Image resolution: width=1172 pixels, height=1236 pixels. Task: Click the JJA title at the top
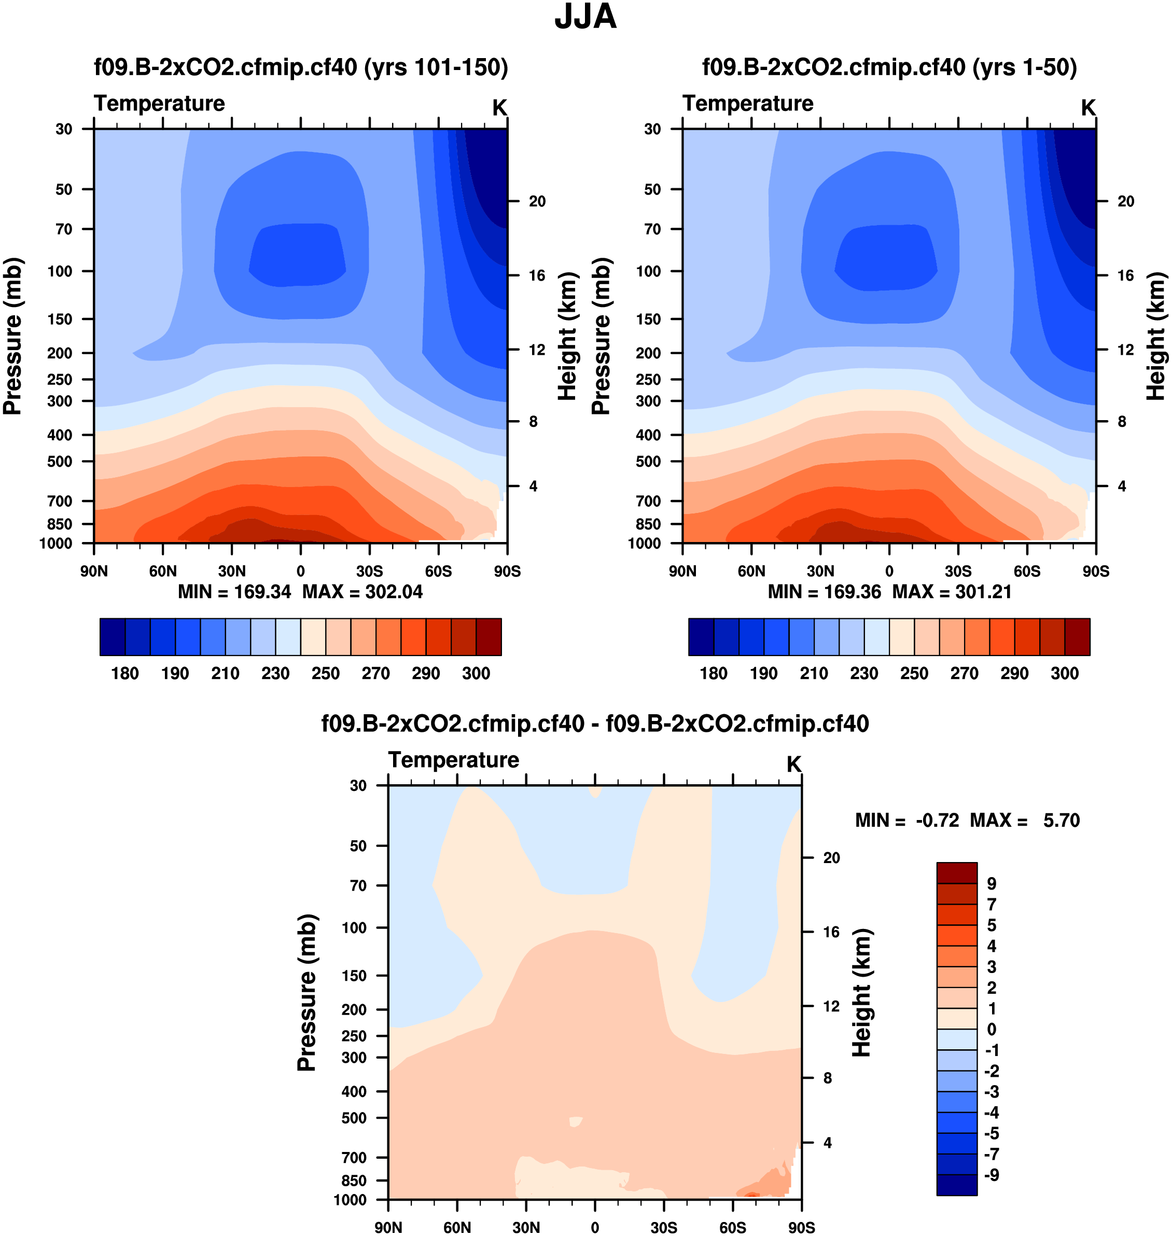pyautogui.click(x=585, y=17)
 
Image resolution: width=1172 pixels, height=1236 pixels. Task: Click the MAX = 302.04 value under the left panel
pyautogui.click(x=362, y=592)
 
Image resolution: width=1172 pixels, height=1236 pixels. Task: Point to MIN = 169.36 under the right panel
pyautogui.click(x=824, y=592)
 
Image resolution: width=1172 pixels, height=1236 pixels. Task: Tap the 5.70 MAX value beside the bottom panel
pyautogui.click(x=1062, y=820)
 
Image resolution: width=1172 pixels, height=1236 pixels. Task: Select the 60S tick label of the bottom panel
pyautogui.click(x=732, y=1227)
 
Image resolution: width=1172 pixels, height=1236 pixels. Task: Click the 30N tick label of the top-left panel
pyautogui.click(x=232, y=571)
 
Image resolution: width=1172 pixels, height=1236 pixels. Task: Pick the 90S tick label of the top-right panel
pyautogui.click(x=1096, y=571)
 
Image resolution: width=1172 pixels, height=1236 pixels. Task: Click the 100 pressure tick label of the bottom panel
pyautogui.click(x=354, y=928)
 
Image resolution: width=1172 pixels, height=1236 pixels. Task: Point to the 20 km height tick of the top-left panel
pyautogui.click(x=537, y=201)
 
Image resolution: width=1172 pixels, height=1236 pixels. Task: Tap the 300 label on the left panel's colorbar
pyautogui.click(x=476, y=673)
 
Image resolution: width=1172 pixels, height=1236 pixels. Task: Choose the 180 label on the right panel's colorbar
pyautogui.click(x=714, y=673)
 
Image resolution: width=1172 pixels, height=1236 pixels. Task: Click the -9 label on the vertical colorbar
pyautogui.click(x=992, y=1175)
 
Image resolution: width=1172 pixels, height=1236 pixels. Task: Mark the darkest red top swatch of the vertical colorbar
pyautogui.click(x=956, y=872)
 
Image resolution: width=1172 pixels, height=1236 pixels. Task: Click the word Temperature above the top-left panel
pyautogui.click(x=159, y=103)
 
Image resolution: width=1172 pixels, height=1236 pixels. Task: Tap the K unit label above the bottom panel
pyautogui.click(x=793, y=764)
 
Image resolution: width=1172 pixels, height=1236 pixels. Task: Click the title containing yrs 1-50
pyautogui.click(x=889, y=67)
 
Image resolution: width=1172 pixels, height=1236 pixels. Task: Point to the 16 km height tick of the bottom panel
pyautogui.click(x=831, y=932)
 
